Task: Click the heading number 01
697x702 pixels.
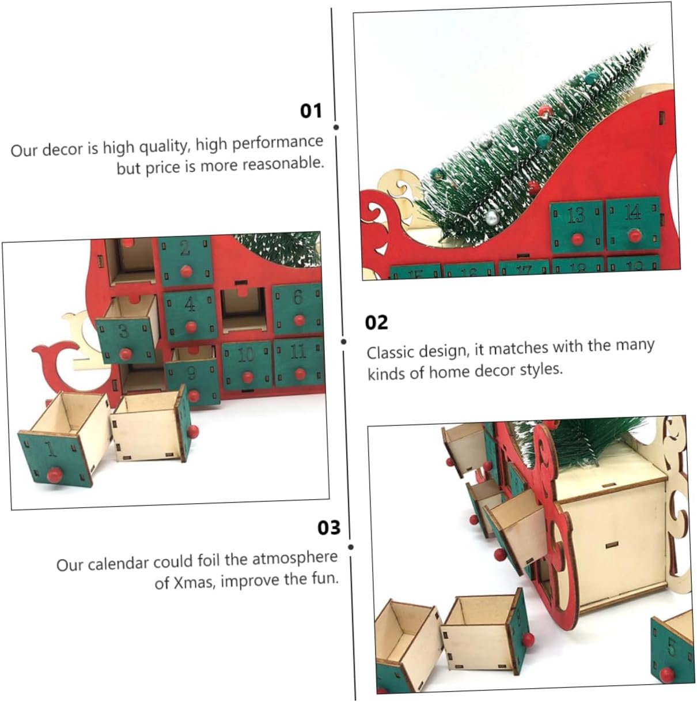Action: coord(311,110)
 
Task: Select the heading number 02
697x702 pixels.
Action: coord(377,322)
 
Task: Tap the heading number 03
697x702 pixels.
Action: coord(329,527)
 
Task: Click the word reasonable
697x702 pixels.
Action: coord(282,164)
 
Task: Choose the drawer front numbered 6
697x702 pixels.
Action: coord(298,308)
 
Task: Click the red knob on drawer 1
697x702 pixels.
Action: coord(54,475)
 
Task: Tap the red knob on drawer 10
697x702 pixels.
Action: coord(248,377)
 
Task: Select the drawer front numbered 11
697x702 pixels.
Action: coord(298,361)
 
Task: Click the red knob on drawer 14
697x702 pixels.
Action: coord(634,235)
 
